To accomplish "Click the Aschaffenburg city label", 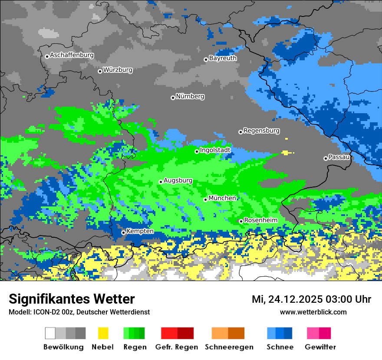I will pyautogui.click(x=72, y=56).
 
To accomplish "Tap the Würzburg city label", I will pyautogui.click(x=118, y=70).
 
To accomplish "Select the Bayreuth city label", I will pyautogui.click(x=223, y=58).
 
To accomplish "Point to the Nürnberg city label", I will pyautogui.click(x=190, y=96).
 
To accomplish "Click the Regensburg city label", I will pyautogui.click(x=261, y=131).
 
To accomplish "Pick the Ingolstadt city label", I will pyautogui.click(x=215, y=150).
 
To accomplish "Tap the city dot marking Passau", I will pyautogui.click(x=326, y=158).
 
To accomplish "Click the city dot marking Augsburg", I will pyautogui.click(x=161, y=182).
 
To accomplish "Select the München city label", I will pyautogui.click(x=222, y=198).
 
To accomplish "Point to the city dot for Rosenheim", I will pyautogui.click(x=241, y=222).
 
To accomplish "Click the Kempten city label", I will pyautogui.click(x=140, y=231).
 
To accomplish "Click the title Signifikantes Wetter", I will pyautogui.click(x=72, y=299).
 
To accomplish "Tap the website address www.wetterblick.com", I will pyautogui.click(x=313, y=312).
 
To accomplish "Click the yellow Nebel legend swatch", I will pyautogui.click(x=103, y=333).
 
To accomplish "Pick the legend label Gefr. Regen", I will pyautogui.click(x=176, y=347).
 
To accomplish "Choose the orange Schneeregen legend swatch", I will pyautogui.click(x=220, y=333).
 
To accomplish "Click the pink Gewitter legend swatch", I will pyautogui.click(x=313, y=333).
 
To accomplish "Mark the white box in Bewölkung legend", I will pyautogui.click(x=50, y=333).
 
